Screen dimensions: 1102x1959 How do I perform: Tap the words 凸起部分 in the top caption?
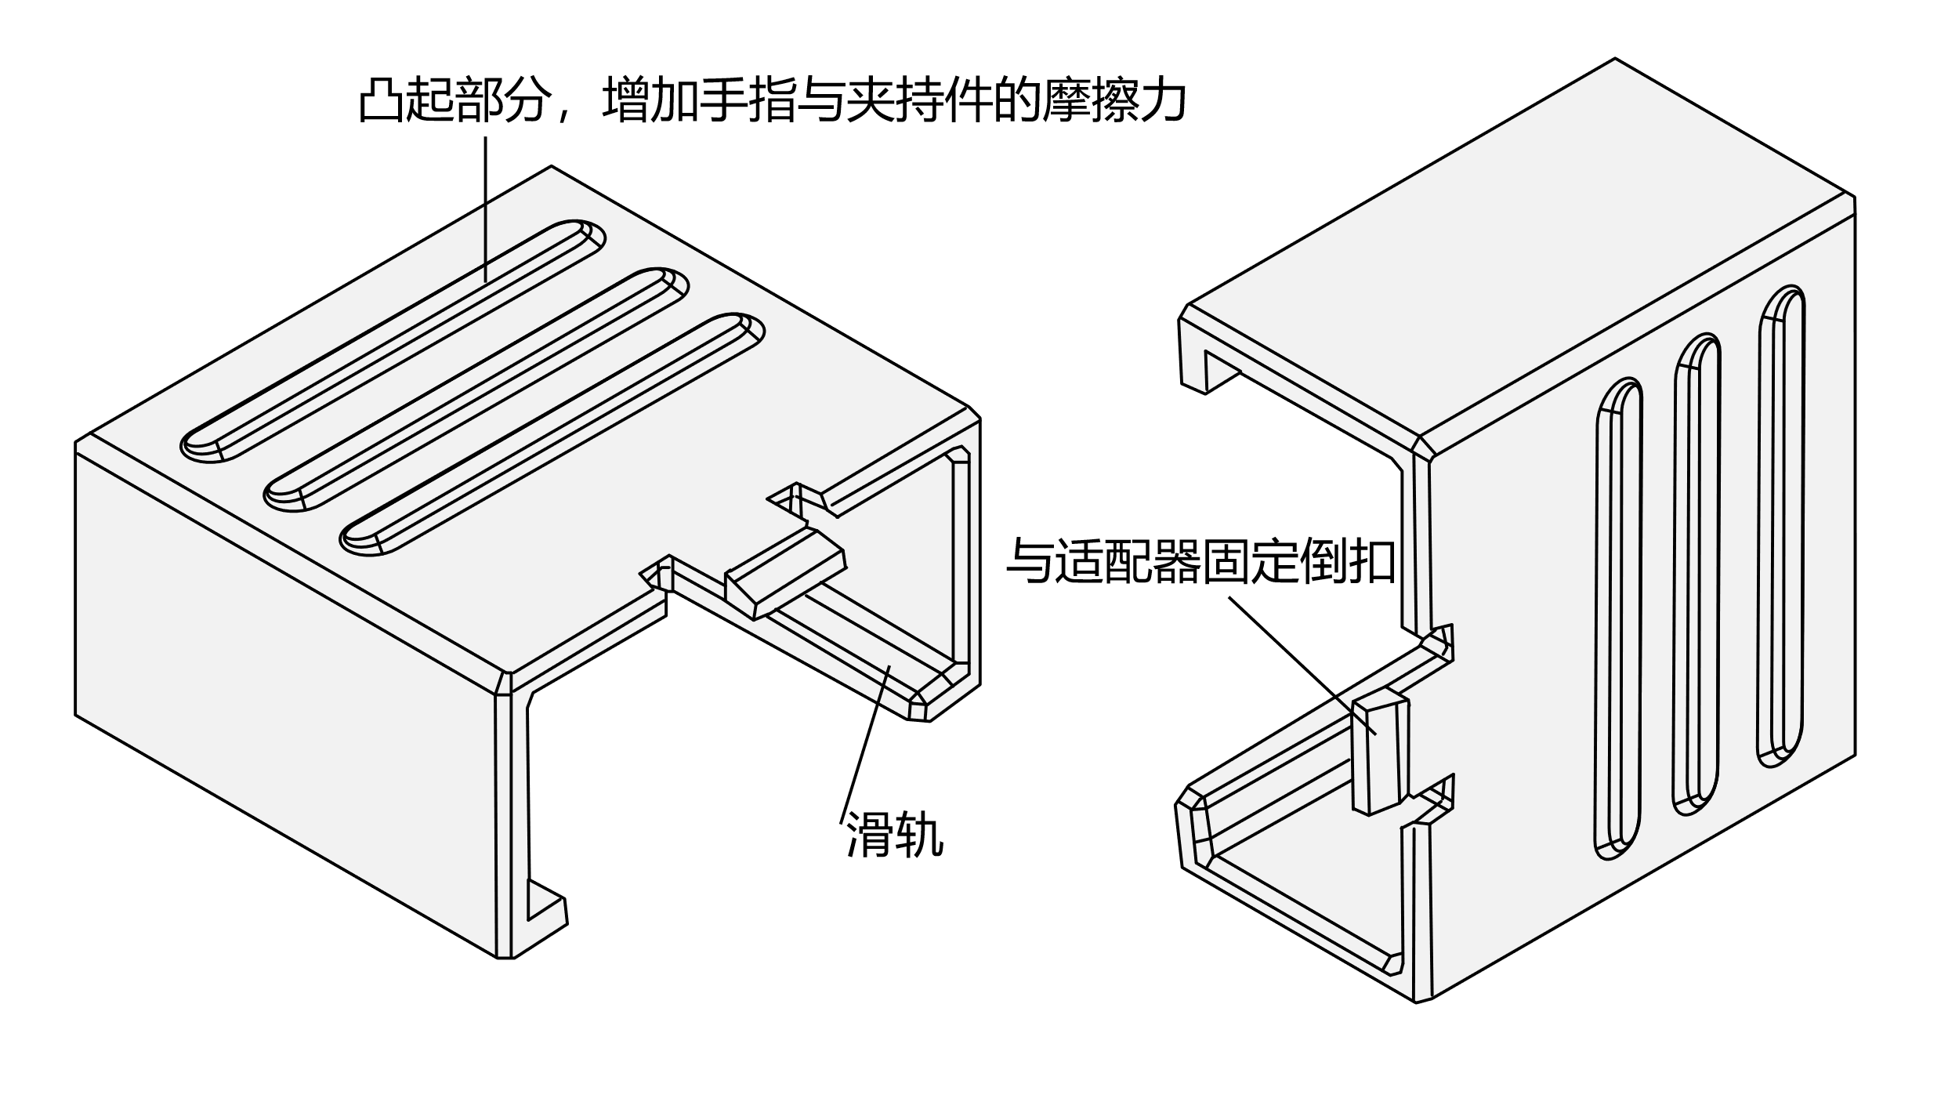452,101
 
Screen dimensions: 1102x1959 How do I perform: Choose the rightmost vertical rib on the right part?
1780,525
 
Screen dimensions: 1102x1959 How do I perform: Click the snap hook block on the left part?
784,576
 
